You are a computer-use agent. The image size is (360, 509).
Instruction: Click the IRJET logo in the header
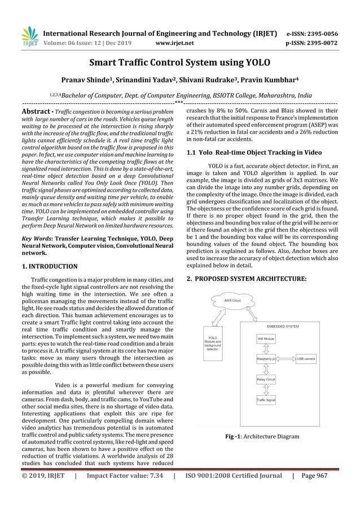pos(29,37)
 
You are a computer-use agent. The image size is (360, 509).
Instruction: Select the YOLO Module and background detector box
pos(213,342)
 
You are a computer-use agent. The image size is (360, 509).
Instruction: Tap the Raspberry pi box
pos(267,359)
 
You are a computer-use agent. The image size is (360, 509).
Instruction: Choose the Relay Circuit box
pos(266,380)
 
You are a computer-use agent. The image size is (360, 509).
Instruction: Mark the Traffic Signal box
pos(266,401)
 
